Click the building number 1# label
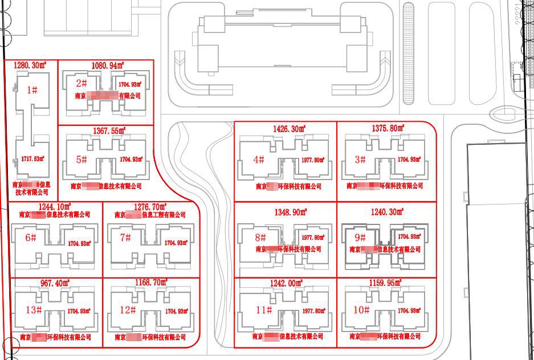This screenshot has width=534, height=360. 32,89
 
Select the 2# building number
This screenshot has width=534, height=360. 81,83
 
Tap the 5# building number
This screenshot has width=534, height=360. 81,159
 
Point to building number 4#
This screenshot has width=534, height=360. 259,159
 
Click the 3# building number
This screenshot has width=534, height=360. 360,159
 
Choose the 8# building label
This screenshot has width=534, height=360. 261,237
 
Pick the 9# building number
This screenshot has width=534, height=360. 360,237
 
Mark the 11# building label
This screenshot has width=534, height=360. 263,310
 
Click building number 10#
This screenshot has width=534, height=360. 362,310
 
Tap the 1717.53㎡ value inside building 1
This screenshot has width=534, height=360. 32,159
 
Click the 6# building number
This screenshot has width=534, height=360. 31,238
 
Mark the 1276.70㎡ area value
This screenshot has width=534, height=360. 150,206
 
